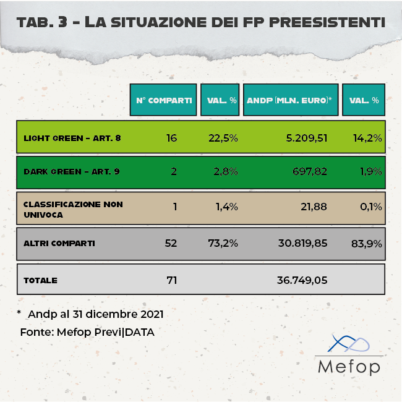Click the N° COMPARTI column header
163,100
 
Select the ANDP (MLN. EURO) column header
289,100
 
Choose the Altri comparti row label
59,243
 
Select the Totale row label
41,280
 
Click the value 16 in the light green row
171,137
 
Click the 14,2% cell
367,137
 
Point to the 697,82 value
312,171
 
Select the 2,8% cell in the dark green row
225,171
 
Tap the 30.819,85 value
301,243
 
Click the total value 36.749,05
301,280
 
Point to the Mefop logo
348,355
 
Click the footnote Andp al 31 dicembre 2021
95,314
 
